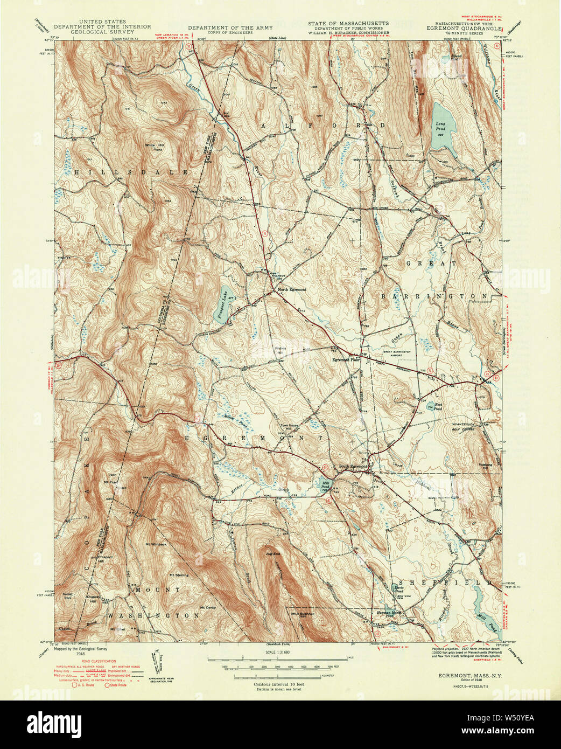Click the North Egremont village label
[x=292, y=289]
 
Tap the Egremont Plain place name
[x=345, y=359]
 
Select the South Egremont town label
[x=353, y=467]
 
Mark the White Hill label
[x=153, y=145]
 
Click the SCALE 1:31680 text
[x=275, y=653]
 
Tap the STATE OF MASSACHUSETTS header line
[x=348, y=24]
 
